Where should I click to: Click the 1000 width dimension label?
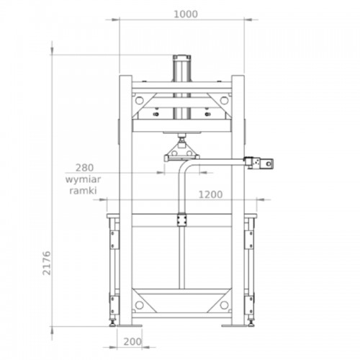(x=186, y=14)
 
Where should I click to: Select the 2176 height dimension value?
(x=47, y=263)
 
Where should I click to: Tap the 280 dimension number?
(x=84, y=168)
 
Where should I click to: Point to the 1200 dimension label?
(x=210, y=194)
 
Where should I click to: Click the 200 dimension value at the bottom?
(x=132, y=341)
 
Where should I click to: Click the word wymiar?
(x=83, y=179)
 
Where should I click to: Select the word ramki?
(x=83, y=191)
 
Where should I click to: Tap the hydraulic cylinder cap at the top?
(x=182, y=57)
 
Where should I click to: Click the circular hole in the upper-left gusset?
(x=139, y=100)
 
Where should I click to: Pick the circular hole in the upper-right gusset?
(x=224, y=100)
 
